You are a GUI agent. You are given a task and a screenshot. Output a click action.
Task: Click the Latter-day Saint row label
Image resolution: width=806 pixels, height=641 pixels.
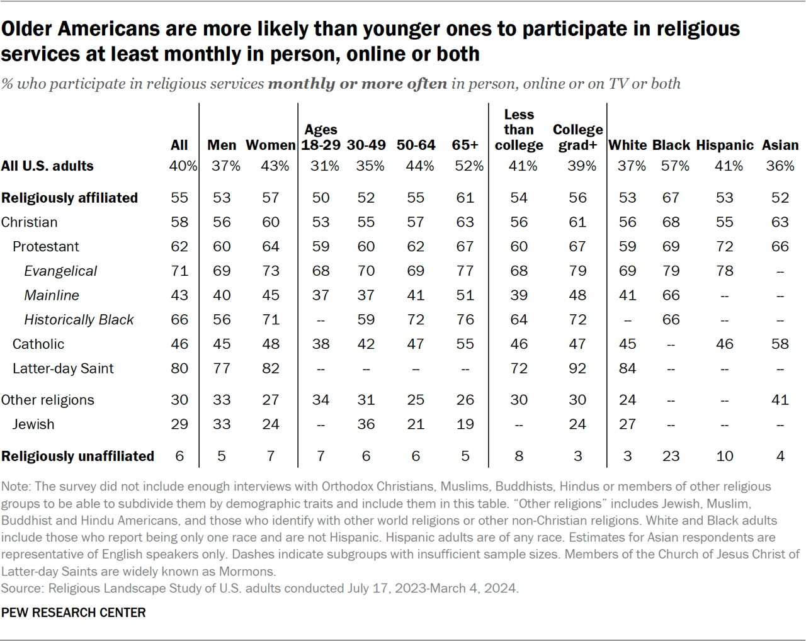[x=63, y=368]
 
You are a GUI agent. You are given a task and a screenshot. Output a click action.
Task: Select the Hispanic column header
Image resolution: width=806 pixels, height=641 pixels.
[x=724, y=145]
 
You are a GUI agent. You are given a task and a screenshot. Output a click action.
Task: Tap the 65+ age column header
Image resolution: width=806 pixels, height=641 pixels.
[x=465, y=145]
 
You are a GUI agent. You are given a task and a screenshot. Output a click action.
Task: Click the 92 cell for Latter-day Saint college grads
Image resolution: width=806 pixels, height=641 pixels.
[x=577, y=368]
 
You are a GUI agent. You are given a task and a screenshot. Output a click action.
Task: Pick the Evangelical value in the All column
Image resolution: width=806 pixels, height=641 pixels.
[x=179, y=271]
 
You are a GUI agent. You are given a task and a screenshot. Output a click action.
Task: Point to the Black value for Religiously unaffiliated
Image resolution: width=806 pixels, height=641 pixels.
[x=671, y=456]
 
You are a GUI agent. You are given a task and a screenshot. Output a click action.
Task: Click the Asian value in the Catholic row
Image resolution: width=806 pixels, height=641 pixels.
[x=780, y=344]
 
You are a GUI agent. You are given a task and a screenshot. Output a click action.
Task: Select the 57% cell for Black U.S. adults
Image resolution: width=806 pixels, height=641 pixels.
[x=674, y=166]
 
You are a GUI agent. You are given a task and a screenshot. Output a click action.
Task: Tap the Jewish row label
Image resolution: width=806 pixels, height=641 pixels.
[x=33, y=424]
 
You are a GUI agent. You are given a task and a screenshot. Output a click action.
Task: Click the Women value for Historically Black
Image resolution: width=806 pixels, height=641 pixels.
[x=271, y=320]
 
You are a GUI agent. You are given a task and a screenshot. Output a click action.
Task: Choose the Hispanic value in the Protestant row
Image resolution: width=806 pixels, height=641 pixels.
[x=724, y=246]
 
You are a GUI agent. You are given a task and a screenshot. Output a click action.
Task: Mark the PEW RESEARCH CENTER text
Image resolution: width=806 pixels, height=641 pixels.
[x=73, y=613]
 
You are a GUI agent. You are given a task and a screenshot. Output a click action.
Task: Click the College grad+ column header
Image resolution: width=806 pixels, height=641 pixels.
[x=577, y=137]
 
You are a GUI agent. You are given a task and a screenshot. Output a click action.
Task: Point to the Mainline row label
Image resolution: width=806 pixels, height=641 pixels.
[x=52, y=295]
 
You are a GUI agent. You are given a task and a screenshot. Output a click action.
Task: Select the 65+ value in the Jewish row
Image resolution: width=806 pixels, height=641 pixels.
[x=465, y=424]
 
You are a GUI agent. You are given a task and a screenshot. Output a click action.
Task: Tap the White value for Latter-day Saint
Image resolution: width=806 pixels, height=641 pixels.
[x=627, y=368]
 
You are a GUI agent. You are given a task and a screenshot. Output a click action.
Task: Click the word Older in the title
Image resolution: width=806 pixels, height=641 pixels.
[x=29, y=29]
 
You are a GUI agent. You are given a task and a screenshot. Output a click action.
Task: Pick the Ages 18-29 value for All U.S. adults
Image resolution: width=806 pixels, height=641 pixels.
[x=324, y=166]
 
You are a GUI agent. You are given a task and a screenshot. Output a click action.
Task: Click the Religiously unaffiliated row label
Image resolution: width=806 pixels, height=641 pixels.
[x=77, y=456]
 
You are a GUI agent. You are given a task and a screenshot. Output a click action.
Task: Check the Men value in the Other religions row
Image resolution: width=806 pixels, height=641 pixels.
[x=222, y=400]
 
